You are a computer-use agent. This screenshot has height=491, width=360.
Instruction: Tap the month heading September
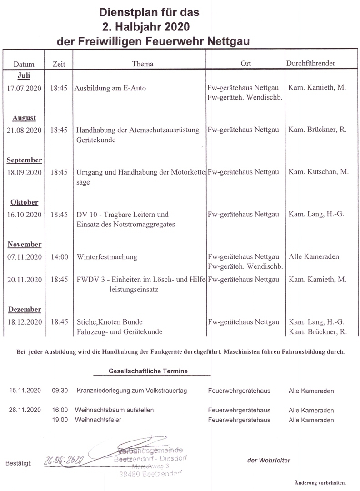click(x=25, y=160)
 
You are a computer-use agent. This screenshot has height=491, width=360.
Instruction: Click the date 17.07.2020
click(x=25, y=88)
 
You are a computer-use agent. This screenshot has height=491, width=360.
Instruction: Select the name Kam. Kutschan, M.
click(x=319, y=172)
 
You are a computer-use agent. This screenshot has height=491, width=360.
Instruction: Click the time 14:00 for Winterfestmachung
click(x=60, y=257)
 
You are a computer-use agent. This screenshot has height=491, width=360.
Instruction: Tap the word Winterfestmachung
click(x=107, y=257)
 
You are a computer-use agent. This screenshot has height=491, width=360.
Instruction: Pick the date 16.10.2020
click(x=25, y=214)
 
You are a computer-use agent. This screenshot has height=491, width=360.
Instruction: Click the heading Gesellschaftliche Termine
click(x=148, y=371)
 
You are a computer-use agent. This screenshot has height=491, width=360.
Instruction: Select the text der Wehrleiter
click(x=269, y=460)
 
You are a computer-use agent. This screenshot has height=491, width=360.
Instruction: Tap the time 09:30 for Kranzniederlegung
click(x=60, y=391)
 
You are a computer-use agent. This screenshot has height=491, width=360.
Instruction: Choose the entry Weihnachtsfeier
click(x=99, y=420)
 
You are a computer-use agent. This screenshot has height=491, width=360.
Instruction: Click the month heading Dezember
click(x=25, y=310)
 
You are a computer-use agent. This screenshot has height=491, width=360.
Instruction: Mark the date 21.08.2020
click(x=25, y=130)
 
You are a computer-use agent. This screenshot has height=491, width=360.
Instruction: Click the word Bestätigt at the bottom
click(x=19, y=463)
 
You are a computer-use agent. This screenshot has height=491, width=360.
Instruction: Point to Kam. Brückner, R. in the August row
click(x=317, y=130)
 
